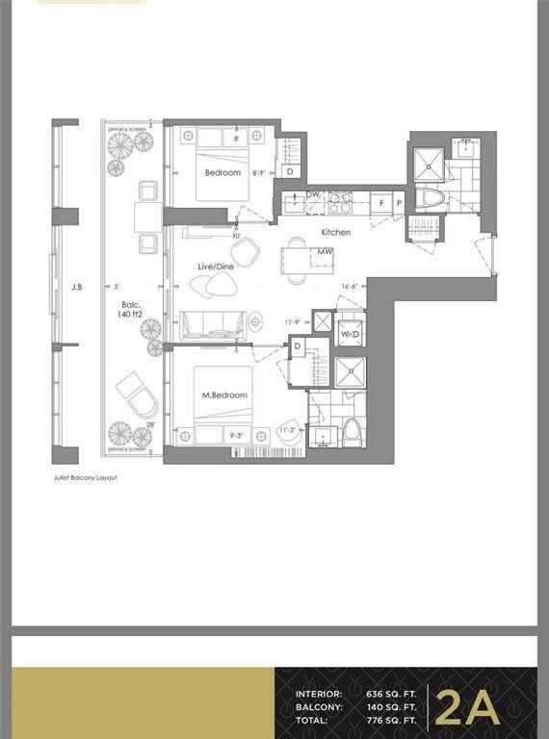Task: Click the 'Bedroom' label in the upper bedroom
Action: point(222,173)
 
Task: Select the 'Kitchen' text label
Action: point(336,232)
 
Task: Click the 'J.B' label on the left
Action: point(77,285)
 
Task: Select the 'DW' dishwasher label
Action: point(312,194)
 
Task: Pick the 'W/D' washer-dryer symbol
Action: point(350,334)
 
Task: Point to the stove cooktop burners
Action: point(340,201)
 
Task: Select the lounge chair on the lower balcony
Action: point(135,392)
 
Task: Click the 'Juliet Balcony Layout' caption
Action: point(84,477)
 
